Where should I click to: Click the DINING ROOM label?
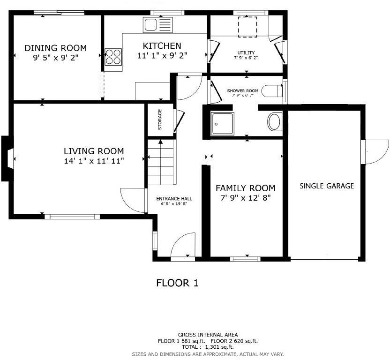point(55,48)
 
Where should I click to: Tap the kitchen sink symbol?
point(158,25)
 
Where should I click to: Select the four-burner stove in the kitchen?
point(113,57)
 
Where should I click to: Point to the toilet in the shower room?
point(272,91)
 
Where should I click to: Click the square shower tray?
point(222,124)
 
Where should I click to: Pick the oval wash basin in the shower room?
point(275,122)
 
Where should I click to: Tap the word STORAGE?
point(160,120)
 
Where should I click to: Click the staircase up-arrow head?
point(161,142)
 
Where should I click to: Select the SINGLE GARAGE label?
point(327,186)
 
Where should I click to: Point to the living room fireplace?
point(7,158)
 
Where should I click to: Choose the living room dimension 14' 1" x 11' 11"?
point(94,161)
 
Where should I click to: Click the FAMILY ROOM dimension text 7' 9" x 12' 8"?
point(246,198)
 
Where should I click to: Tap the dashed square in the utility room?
point(247,27)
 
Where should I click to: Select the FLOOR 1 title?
point(177,283)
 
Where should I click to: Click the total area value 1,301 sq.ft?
point(219,347)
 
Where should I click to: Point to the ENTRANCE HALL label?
point(174,199)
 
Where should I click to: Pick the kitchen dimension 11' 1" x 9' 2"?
point(162,55)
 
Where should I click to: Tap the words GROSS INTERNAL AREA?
point(208,335)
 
